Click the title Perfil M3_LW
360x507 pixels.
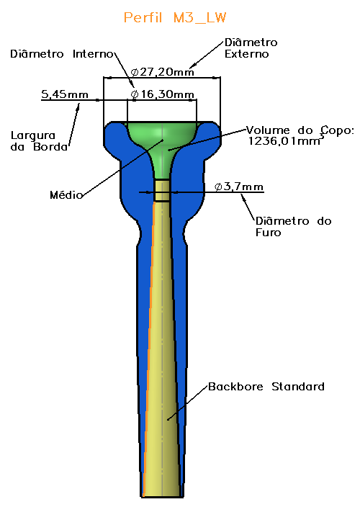(x=175, y=17)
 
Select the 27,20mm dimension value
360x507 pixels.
(x=167, y=72)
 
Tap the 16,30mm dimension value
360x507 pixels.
(x=167, y=94)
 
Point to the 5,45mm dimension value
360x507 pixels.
(x=65, y=94)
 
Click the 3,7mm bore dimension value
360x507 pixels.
(x=243, y=187)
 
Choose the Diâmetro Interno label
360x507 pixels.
(x=62, y=54)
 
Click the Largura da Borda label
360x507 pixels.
(x=40, y=141)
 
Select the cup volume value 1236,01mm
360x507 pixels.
(x=284, y=141)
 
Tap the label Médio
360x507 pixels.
(x=66, y=194)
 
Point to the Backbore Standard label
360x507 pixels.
(x=266, y=387)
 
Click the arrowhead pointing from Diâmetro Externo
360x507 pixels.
(x=192, y=66)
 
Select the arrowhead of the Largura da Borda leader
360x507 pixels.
(x=78, y=107)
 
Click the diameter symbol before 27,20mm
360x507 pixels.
(x=135, y=72)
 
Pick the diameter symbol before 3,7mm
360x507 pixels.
(x=218, y=187)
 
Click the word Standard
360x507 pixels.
(x=298, y=387)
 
